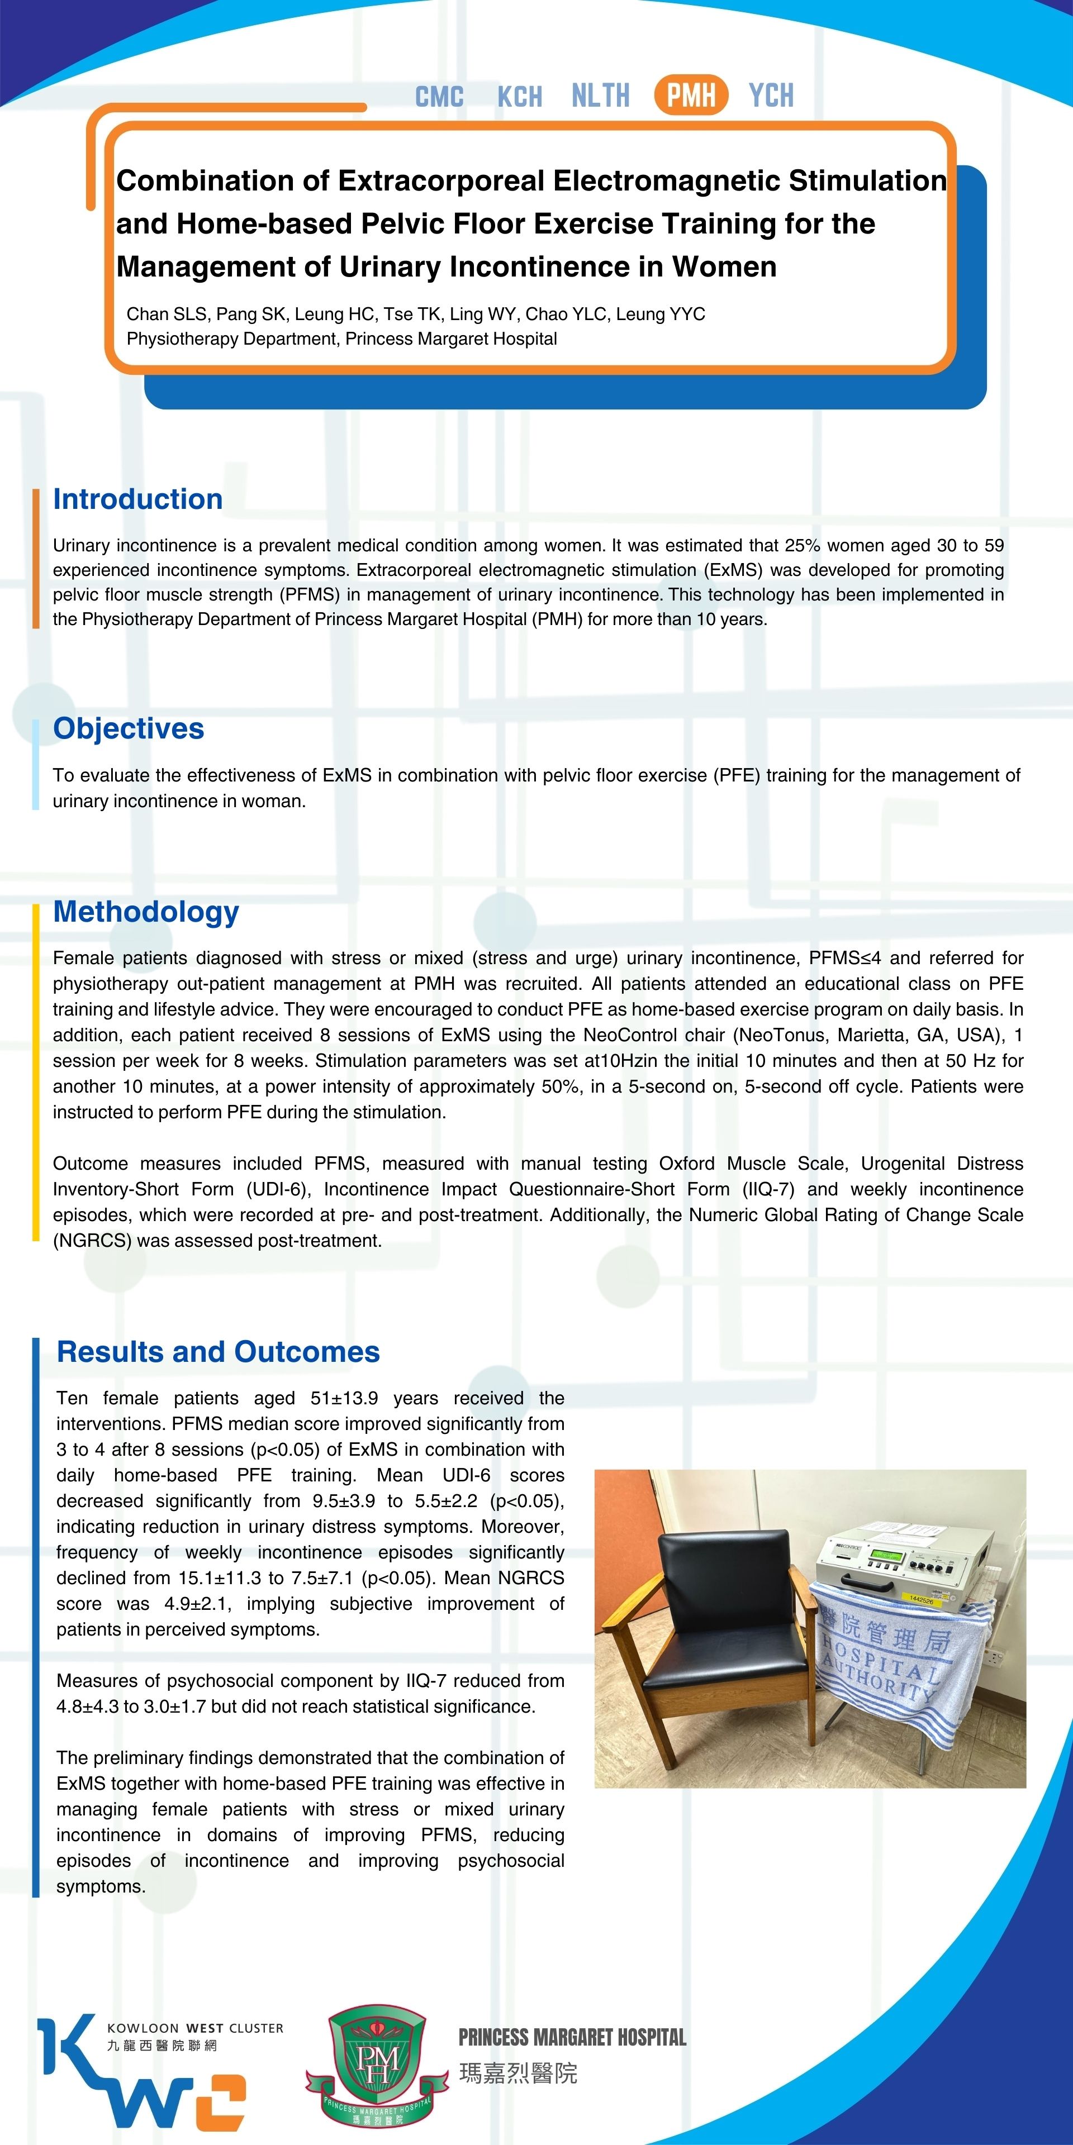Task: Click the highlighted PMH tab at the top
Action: click(x=691, y=95)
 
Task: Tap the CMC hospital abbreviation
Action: click(x=439, y=97)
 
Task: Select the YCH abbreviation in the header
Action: click(x=771, y=96)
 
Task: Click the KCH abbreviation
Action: click(x=519, y=97)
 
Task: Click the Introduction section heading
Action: click(x=137, y=499)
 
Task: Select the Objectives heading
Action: click(x=129, y=728)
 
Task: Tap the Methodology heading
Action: click(x=146, y=912)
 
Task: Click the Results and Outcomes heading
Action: click(x=219, y=1351)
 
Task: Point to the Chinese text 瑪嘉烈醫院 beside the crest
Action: click(x=518, y=2073)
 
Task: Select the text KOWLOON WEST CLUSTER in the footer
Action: click(x=195, y=2028)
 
